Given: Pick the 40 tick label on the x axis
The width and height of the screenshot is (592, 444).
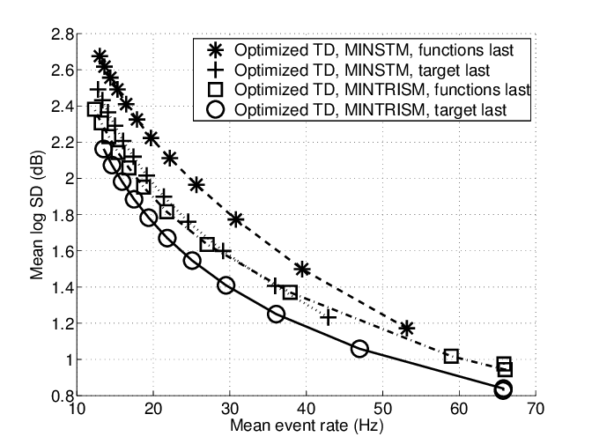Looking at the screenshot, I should pos(306,411).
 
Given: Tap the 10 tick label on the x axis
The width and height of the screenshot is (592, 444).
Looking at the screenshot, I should pos(77,411).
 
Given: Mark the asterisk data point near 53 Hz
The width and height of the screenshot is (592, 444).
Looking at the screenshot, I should pos(406,329).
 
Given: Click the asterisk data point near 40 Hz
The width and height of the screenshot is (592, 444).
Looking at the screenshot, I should pos(302,269).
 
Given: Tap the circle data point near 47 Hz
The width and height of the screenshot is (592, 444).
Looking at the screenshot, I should pos(359,349).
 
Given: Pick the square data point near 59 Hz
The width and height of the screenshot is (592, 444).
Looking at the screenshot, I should pos(452,356).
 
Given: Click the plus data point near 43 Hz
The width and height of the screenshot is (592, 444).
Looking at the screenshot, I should pos(329,317).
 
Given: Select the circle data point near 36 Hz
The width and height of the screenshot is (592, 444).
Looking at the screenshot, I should pos(276,314).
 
